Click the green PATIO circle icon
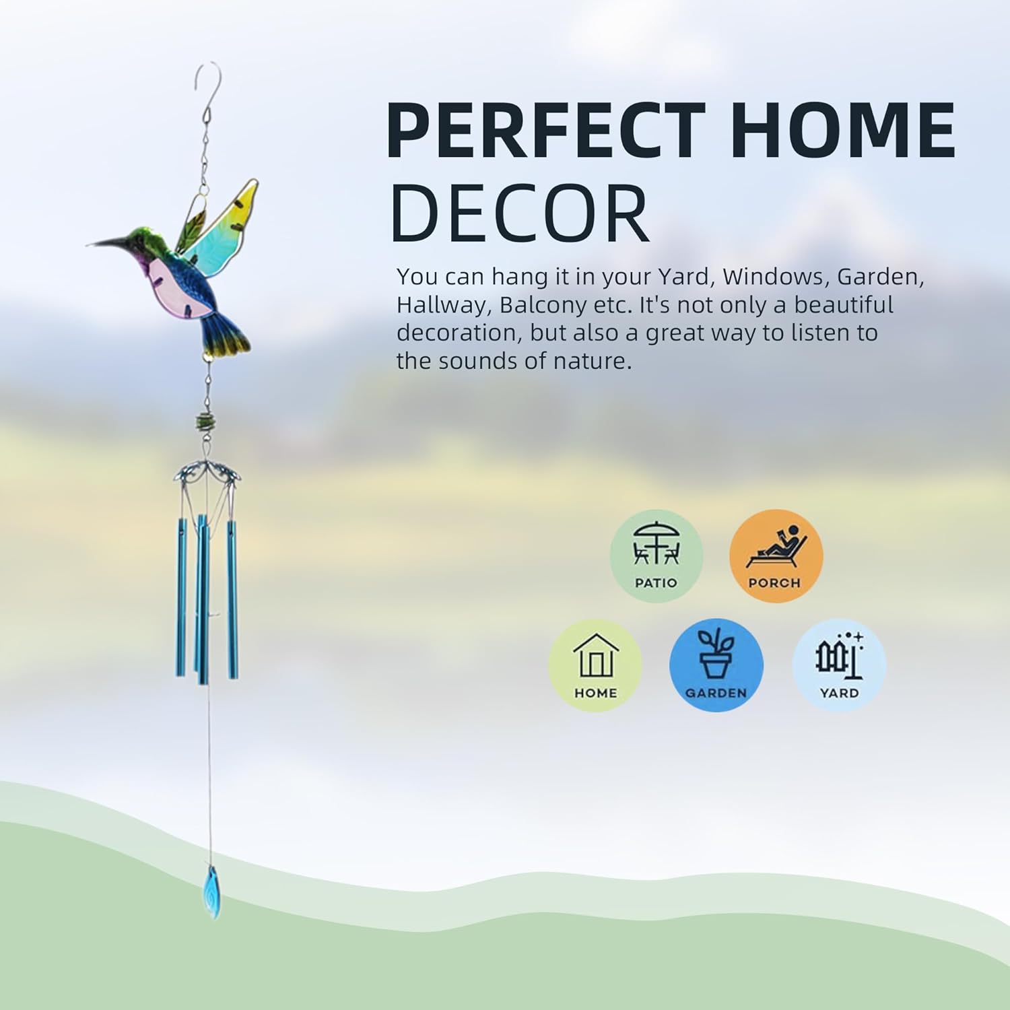656,555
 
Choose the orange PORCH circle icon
776,555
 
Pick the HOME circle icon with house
595,665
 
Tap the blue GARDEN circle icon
716,665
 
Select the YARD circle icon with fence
839,665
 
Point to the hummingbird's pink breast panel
168,286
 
